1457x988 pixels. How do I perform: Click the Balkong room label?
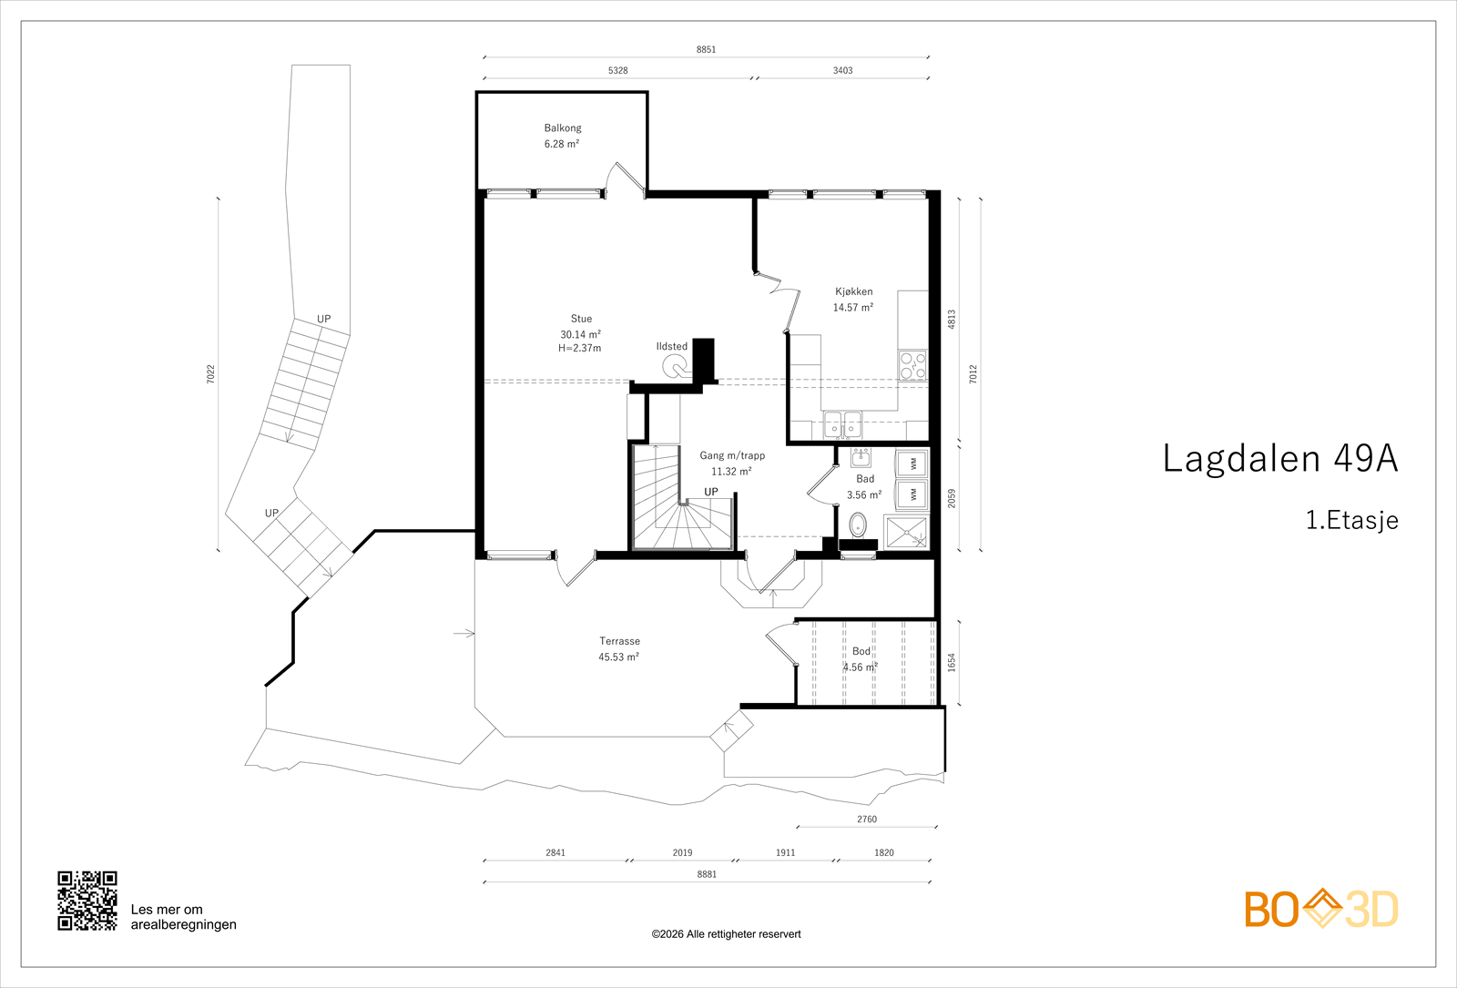(563, 128)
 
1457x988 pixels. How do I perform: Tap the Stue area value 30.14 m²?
(581, 334)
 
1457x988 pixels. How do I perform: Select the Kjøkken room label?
(854, 292)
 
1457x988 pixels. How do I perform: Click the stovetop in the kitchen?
(912, 365)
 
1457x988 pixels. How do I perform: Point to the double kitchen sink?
(842, 424)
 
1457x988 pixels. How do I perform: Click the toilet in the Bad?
(859, 525)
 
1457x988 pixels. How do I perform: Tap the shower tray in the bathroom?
(906, 533)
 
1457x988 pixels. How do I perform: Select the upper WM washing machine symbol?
(912, 463)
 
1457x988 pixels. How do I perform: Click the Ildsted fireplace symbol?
(675, 368)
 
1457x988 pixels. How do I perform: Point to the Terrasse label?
(619, 641)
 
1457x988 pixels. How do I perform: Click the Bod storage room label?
(861, 651)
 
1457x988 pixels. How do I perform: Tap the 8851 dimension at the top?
(706, 49)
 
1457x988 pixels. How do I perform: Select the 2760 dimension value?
(866, 820)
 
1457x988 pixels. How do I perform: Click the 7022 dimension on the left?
(210, 374)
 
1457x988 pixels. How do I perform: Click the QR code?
(87, 901)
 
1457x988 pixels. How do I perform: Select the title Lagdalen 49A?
(1280, 459)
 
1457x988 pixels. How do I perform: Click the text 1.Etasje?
(1351, 520)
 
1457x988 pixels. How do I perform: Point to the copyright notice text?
(726, 934)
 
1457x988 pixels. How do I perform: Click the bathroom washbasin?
(861, 458)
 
